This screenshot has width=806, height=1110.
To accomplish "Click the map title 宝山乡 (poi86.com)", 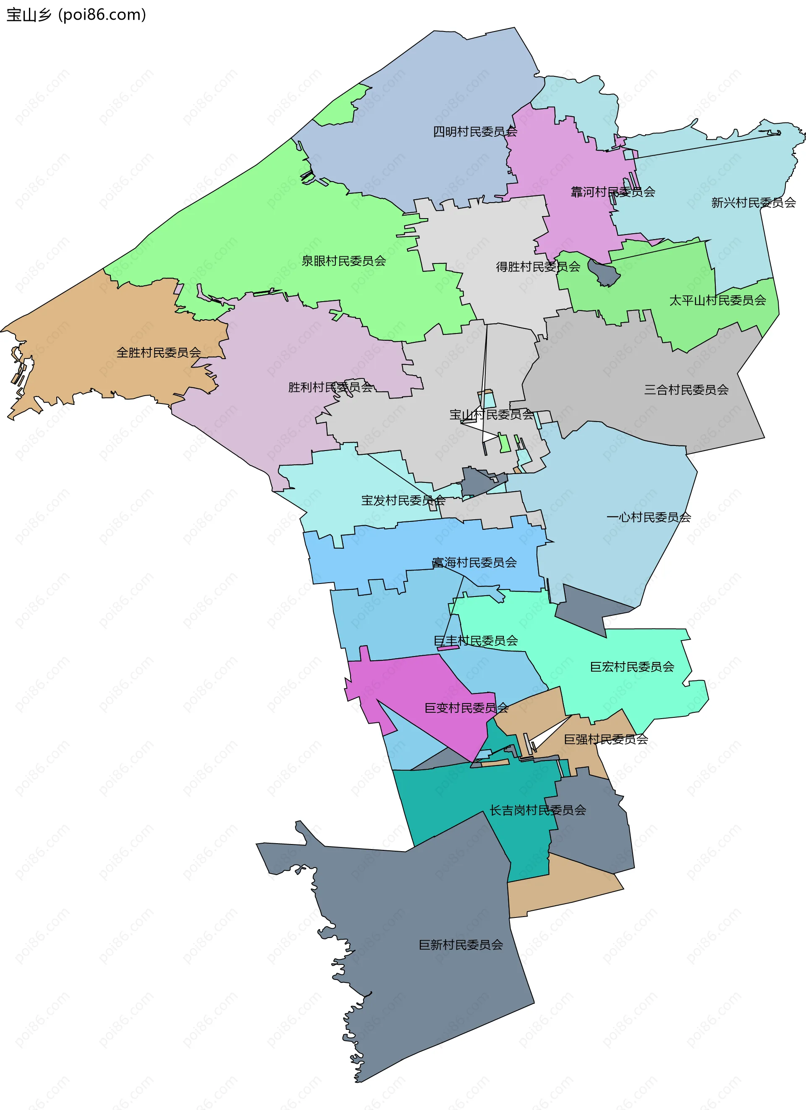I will (76, 15).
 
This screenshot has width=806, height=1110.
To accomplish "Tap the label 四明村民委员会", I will (474, 132).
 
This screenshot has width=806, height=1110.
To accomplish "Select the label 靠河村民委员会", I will (612, 192).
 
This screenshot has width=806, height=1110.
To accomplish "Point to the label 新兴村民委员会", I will (753, 203).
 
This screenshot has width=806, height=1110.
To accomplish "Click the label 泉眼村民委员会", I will (343, 261).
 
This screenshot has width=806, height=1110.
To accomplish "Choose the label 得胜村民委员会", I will (538, 267).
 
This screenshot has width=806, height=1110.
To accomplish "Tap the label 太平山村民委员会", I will (717, 300).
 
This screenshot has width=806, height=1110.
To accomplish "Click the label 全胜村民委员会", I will (159, 352).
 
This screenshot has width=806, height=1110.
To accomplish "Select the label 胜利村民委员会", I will (330, 387).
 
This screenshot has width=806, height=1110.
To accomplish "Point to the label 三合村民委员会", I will (686, 390).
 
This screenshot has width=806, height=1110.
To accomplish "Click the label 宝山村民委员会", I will (491, 414).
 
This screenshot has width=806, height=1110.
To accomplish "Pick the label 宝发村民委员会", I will (403, 500).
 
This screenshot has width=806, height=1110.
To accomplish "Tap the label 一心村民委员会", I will (648, 517).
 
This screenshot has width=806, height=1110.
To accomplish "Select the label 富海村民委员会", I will (474, 563).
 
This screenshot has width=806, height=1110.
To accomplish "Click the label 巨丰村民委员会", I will (476, 641).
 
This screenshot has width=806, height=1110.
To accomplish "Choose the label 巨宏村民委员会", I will (632, 667).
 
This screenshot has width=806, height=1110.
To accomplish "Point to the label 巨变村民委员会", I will (466, 708).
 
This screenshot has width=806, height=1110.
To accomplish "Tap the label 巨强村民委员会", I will (606, 739).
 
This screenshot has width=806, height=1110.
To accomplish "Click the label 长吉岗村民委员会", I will (538, 810).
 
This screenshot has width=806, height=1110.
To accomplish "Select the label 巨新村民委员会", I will (461, 945).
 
